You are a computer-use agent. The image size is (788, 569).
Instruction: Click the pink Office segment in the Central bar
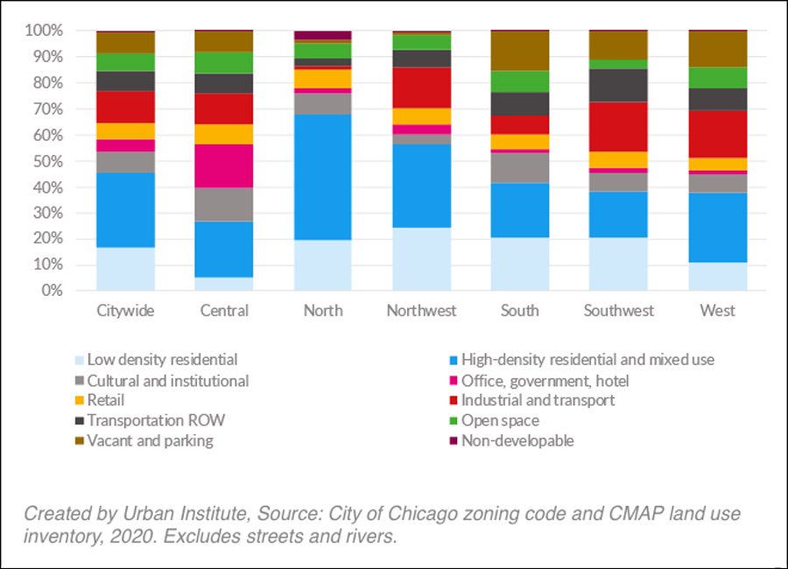click(224, 165)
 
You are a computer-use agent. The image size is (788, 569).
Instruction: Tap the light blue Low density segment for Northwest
click(422, 259)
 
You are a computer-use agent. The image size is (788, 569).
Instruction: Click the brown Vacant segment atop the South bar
click(520, 51)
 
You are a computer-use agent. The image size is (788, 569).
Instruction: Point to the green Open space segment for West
click(718, 78)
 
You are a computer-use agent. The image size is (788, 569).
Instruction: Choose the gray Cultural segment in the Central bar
click(224, 204)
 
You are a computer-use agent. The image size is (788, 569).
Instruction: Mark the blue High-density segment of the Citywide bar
click(125, 210)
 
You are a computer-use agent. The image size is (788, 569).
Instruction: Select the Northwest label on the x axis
click(422, 311)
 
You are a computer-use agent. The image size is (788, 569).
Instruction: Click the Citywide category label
click(125, 311)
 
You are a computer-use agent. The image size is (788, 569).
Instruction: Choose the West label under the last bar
click(718, 311)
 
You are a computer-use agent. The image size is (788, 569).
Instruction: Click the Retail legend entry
click(106, 401)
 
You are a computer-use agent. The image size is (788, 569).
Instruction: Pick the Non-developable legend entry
click(517, 441)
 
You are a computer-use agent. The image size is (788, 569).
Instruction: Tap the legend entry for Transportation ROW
click(155, 421)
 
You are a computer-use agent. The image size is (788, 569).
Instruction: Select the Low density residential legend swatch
click(79, 360)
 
